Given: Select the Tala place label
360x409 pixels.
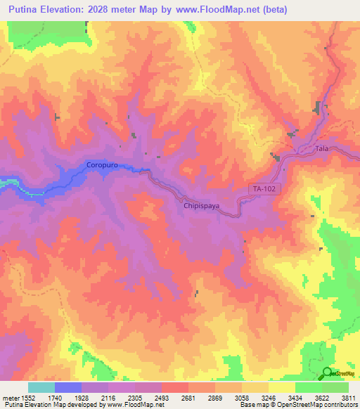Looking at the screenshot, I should pyautogui.click(x=322, y=150).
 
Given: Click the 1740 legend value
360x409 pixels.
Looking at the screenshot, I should pyautogui.click(x=56, y=397).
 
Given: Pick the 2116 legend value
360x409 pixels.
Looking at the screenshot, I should pyautogui.click(x=108, y=397).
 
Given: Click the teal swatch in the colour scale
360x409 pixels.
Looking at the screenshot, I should pyautogui.click(x=41, y=387).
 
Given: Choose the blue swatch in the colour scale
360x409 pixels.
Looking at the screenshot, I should pyautogui.click(x=68, y=387).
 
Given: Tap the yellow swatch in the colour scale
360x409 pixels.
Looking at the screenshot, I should pyautogui.click(x=281, y=387).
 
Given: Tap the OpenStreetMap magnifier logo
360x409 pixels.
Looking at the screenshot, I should pyautogui.click(x=327, y=373).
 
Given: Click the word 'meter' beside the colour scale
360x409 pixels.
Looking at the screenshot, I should pyautogui.click(x=10, y=397).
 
